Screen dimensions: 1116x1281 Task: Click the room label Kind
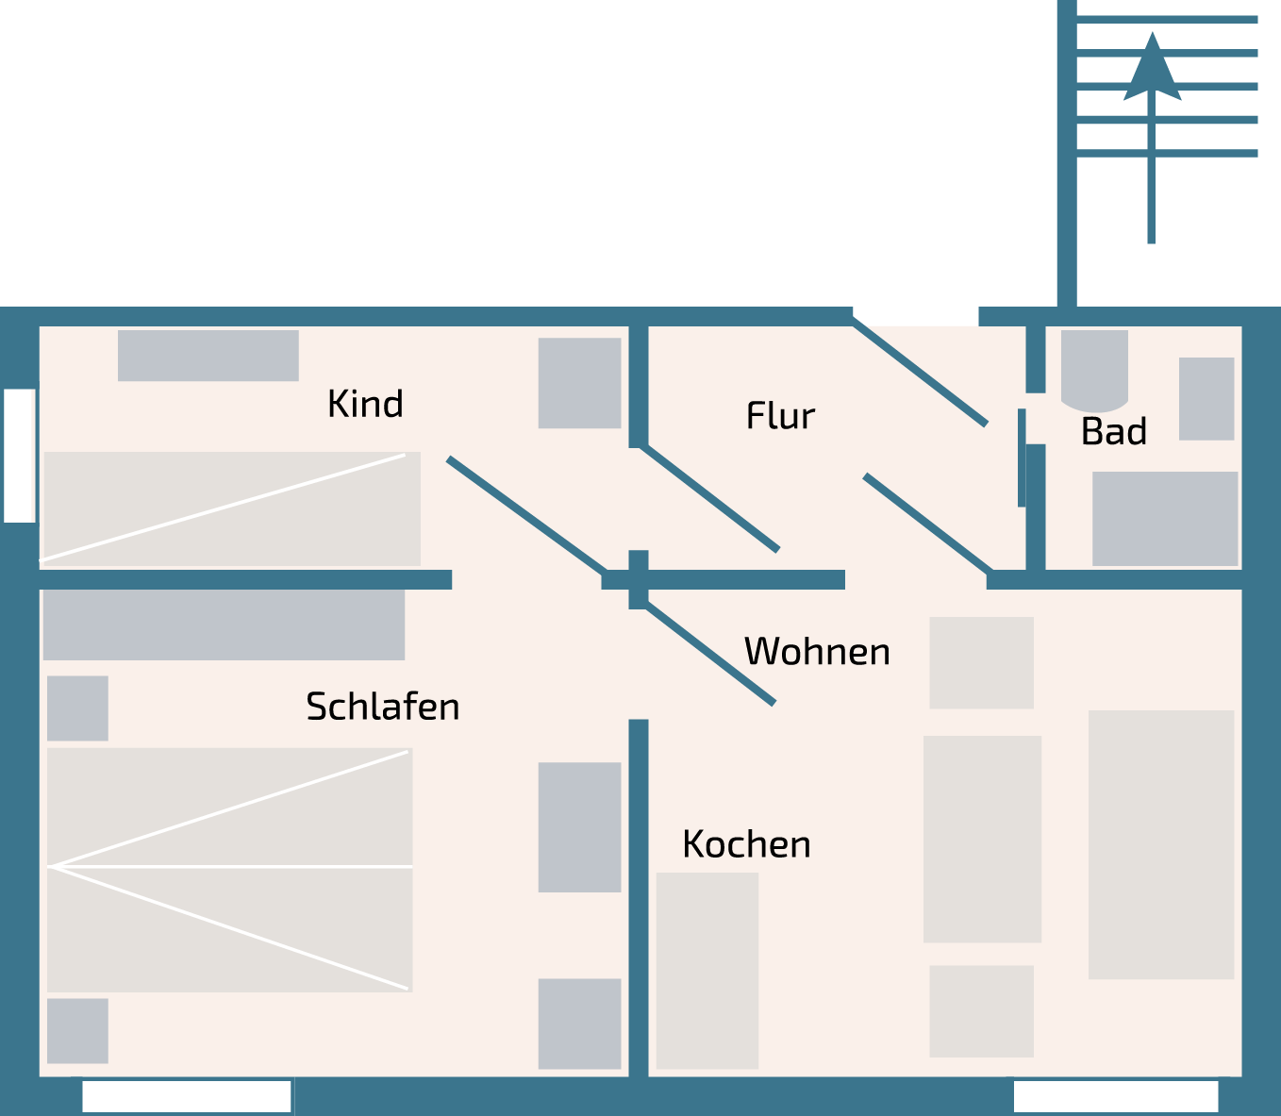[365, 404]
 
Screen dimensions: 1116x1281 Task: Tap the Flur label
[780, 416]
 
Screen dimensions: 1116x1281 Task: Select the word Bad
[1113, 432]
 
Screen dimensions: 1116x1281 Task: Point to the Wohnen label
[817, 652]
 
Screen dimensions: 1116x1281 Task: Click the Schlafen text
[382, 707]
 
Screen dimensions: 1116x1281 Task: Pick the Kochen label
[746, 844]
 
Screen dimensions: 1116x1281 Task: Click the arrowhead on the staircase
[1152, 69]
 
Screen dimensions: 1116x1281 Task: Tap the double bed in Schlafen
[229, 869]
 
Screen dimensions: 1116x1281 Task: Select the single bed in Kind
[231, 508]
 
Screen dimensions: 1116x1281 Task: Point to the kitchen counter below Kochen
[707, 970]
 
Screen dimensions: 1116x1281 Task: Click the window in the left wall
[20, 455]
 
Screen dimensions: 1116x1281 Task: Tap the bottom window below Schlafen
[187, 1096]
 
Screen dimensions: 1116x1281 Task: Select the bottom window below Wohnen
[1115, 1096]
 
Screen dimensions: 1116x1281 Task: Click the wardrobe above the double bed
[224, 625]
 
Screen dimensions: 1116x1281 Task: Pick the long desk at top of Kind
[208, 356]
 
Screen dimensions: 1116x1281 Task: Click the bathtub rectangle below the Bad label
[1164, 519]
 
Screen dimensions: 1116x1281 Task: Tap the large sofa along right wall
[1161, 844]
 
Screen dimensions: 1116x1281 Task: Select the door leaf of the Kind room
[526, 515]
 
